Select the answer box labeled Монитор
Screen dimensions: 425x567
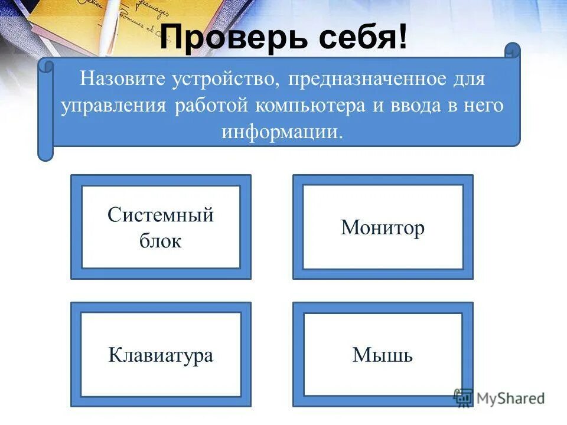(x=383, y=228)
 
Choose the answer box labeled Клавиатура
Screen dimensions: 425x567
(x=161, y=355)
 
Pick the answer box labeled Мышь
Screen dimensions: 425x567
(x=383, y=355)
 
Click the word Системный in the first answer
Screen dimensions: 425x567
(x=161, y=215)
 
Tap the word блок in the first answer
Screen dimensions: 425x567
(x=161, y=241)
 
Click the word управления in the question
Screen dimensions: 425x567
(x=113, y=106)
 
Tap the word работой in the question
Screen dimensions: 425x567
(x=212, y=106)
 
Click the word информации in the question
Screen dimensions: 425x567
(x=282, y=132)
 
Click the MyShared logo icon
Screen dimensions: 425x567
(x=463, y=398)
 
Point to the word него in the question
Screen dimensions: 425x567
(x=485, y=106)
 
